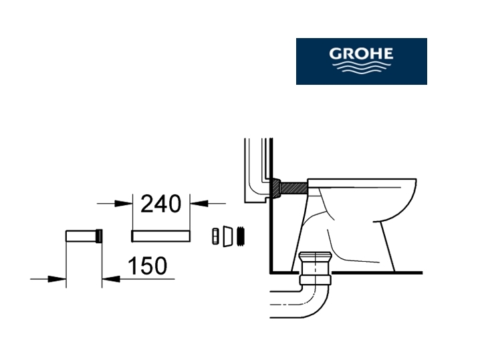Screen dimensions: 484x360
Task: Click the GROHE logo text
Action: click(361, 53)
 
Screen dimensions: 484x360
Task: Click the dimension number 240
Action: click(161, 204)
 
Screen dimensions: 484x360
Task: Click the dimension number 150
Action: click(148, 266)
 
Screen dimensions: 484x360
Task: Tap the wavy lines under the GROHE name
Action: click(362, 67)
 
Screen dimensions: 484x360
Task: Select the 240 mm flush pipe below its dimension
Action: click(161, 236)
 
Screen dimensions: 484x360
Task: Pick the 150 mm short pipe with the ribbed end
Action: click(84, 236)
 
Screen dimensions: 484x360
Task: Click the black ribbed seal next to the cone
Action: click(241, 236)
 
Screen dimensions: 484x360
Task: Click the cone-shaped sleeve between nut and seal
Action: click(227, 236)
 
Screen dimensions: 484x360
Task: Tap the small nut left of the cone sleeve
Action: click(215, 236)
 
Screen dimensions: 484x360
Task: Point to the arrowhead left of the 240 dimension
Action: click(124, 204)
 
